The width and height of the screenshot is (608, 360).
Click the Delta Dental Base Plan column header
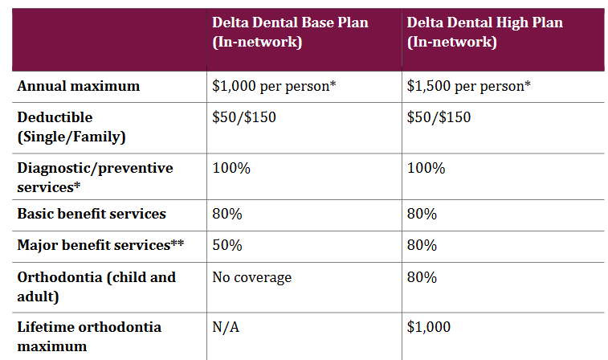point(290,32)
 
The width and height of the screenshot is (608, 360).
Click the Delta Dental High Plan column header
point(485,32)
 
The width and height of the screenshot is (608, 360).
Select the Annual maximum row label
point(79,86)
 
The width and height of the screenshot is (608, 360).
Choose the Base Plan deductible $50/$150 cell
point(243,117)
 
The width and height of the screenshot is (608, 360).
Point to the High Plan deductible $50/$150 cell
point(439,117)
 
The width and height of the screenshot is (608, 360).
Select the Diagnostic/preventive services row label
point(95,177)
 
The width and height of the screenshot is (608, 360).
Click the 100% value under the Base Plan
point(229,168)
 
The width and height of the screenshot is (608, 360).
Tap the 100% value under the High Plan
point(425,168)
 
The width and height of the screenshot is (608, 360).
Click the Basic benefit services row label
point(92,214)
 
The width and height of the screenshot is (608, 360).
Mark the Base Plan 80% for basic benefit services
point(226,215)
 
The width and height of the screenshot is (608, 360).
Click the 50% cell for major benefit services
point(226,245)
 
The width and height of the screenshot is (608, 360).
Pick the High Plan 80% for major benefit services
point(422,245)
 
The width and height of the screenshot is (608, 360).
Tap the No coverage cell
point(251,277)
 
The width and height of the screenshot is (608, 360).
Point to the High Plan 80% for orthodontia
point(422,277)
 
